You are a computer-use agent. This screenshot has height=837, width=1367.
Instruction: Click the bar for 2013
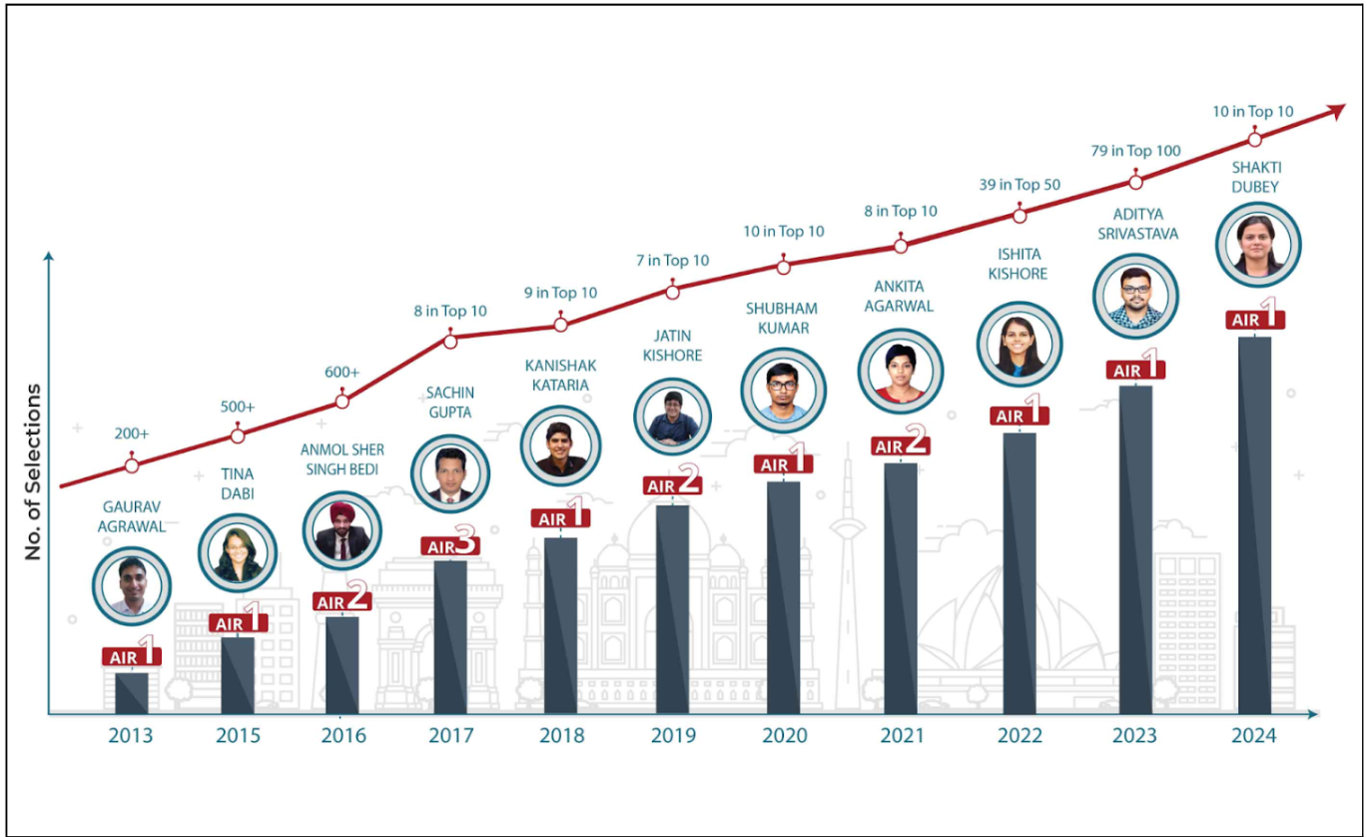point(132,692)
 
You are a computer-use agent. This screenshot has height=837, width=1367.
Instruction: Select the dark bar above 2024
point(1254,524)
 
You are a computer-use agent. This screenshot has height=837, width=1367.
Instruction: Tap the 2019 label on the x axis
point(673,736)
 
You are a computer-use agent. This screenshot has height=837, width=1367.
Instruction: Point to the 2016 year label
point(343,736)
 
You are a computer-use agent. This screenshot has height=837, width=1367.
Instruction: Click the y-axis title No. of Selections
point(34,470)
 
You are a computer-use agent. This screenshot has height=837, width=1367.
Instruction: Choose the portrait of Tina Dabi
point(238,553)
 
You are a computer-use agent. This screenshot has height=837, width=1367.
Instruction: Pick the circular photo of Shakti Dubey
point(1253,246)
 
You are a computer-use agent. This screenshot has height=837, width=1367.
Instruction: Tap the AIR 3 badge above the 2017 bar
point(452,545)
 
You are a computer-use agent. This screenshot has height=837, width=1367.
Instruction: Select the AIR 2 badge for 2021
point(901,445)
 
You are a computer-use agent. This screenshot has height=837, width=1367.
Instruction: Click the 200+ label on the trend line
point(132,434)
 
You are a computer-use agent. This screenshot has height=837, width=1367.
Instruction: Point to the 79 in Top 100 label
point(1134,151)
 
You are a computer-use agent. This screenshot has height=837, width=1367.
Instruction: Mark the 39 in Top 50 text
point(1019,185)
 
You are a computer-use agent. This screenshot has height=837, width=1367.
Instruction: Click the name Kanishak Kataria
point(556,375)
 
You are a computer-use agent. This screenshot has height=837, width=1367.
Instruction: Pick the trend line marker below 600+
point(342,401)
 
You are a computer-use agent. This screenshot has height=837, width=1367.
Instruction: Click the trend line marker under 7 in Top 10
point(672,292)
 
